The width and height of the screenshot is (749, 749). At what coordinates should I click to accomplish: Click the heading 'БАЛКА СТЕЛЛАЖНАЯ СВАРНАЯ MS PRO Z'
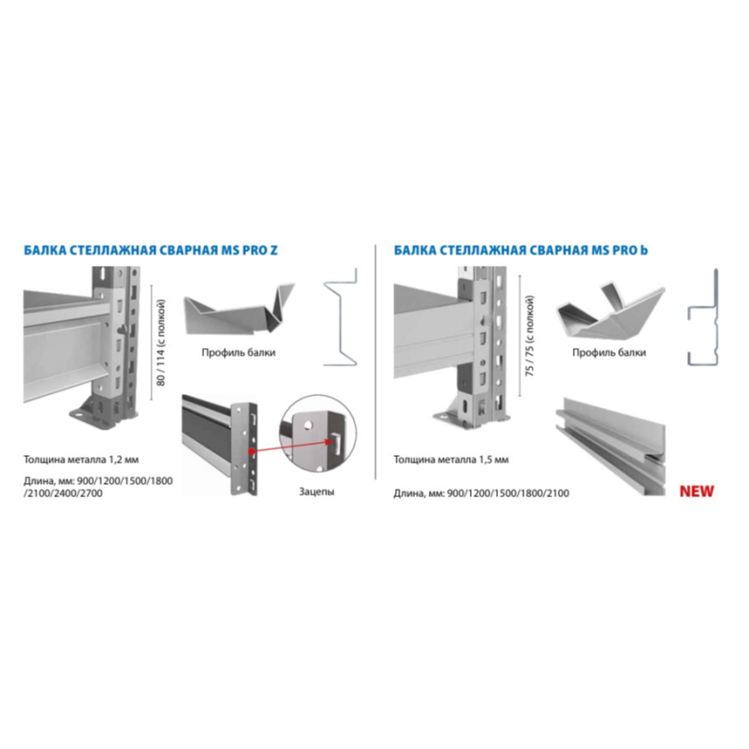(151, 250)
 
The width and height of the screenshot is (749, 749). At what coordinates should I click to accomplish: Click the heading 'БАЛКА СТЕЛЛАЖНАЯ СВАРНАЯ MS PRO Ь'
(521, 250)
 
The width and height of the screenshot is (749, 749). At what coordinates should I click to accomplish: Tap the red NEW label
(697, 491)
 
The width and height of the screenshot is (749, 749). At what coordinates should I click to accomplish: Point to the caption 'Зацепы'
(316, 492)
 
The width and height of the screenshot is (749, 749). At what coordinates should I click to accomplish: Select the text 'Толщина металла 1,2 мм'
(81, 460)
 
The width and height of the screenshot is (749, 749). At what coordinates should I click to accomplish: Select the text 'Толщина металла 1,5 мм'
(451, 460)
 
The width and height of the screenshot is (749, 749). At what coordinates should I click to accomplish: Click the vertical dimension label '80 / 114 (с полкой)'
(160, 343)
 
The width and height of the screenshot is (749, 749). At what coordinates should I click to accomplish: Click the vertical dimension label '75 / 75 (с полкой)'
(530, 336)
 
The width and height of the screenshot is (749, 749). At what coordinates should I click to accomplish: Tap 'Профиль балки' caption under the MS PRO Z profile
(239, 353)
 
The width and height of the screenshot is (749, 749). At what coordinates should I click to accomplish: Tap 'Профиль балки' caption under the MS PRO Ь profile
(609, 353)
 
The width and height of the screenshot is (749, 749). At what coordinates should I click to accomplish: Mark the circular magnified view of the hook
(317, 433)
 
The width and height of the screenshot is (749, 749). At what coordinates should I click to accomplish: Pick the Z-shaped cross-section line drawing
(341, 316)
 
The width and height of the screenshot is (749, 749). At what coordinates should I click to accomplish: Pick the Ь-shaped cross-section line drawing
(703, 316)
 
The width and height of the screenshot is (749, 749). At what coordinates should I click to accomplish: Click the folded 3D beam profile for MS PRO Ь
(610, 312)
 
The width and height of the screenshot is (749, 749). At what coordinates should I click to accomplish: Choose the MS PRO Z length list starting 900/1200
(98, 487)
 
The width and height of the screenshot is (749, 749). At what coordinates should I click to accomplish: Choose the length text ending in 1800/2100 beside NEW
(481, 493)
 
